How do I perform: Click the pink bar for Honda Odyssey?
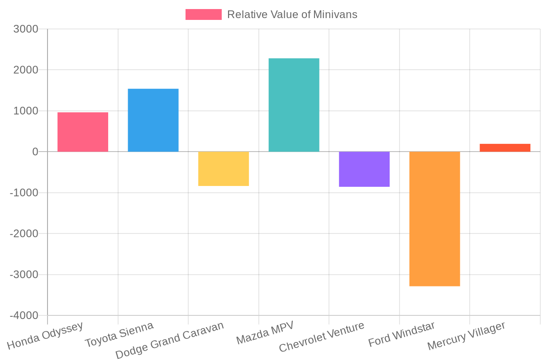(x=83, y=132)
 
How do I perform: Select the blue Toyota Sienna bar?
(x=153, y=120)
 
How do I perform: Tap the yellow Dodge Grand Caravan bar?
(x=224, y=169)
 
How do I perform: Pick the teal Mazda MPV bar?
(x=294, y=105)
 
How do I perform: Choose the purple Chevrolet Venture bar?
(x=364, y=169)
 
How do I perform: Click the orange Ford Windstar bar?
(x=434, y=219)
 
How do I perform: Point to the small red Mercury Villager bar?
(x=505, y=148)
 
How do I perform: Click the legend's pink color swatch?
(x=203, y=14)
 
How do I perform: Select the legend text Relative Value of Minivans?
(x=292, y=14)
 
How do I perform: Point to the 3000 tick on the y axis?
(x=26, y=29)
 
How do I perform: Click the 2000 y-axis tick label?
(x=26, y=70)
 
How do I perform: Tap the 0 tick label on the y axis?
(x=35, y=152)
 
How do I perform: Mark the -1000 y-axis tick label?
(x=24, y=193)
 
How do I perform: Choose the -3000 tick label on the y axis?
(x=24, y=275)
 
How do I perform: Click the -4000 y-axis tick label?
(x=24, y=315)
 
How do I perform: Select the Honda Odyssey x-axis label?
(x=45, y=336)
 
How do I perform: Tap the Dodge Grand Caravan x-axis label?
(x=170, y=340)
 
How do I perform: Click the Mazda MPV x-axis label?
(x=265, y=333)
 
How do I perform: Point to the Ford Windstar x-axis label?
(x=401, y=334)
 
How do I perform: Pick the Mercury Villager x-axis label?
(x=466, y=336)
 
